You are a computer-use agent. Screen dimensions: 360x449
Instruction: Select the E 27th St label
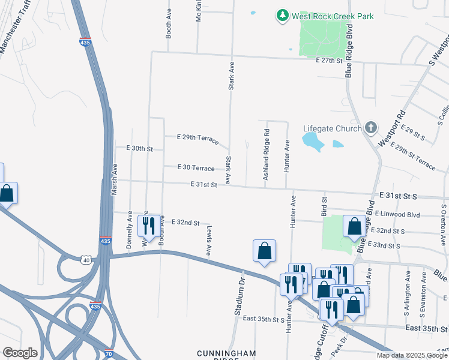coord(329,61)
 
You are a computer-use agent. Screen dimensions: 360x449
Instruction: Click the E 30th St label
coord(139,148)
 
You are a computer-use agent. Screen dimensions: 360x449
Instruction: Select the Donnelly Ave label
coord(129,235)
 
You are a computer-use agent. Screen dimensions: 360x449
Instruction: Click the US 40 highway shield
coord(86,260)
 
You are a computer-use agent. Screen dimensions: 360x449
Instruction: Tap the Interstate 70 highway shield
coord(108,353)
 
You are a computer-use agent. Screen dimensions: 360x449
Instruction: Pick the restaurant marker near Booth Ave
coord(149,226)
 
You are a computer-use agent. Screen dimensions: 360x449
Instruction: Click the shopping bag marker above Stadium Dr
coord(264,251)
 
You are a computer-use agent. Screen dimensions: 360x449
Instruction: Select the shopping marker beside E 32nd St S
coord(354,227)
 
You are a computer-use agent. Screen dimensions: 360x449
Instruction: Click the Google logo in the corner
coord(20,353)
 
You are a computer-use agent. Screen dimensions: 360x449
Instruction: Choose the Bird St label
coord(324,206)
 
